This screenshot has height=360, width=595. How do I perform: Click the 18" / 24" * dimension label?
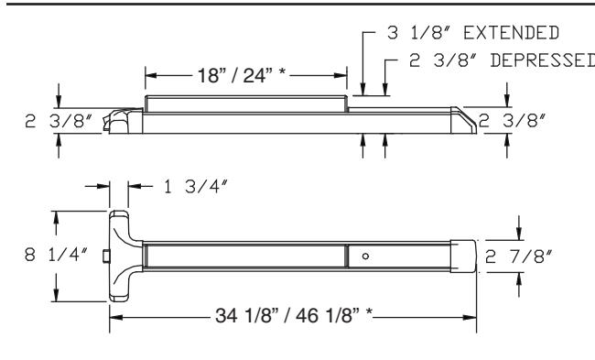(x=242, y=75)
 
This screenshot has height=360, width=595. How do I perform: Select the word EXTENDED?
(x=511, y=33)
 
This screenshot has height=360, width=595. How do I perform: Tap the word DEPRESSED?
(x=543, y=60)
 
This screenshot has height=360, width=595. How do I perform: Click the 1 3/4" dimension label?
(x=195, y=187)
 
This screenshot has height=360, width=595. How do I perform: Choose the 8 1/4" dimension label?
(x=56, y=254)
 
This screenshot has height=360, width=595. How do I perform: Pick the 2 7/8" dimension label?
(x=518, y=256)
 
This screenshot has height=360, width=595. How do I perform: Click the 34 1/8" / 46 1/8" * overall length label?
(x=294, y=315)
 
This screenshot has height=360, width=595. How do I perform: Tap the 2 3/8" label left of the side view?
(x=59, y=121)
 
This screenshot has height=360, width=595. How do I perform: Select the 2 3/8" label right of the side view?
(x=512, y=121)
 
